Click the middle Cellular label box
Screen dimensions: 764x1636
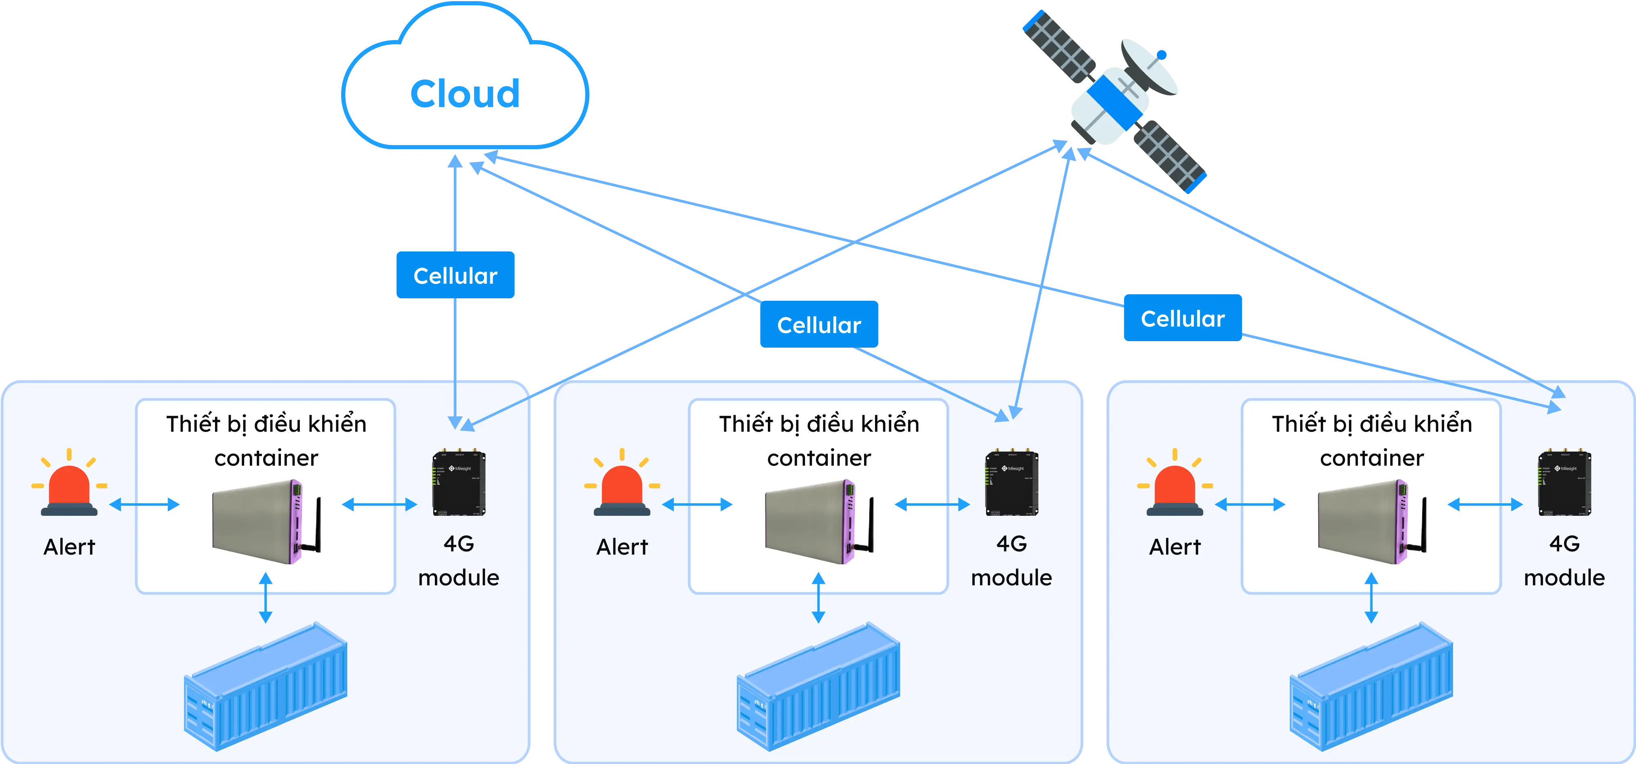click(819, 325)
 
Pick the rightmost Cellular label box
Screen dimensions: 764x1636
click(1183, 318)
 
